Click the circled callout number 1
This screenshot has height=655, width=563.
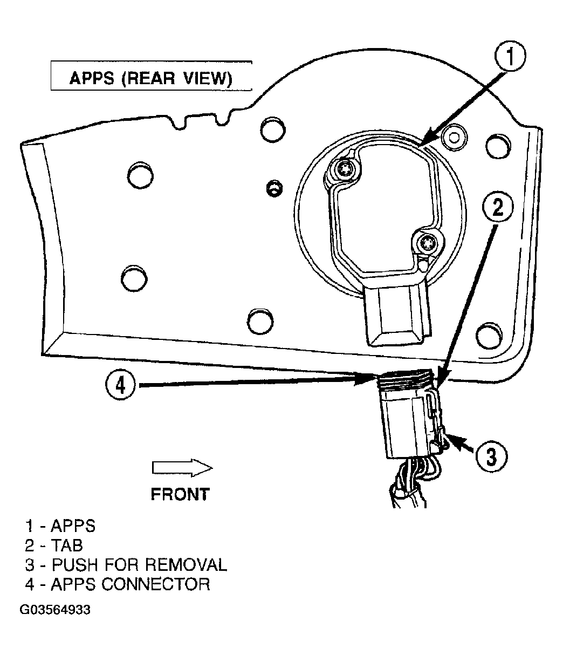[510, 57]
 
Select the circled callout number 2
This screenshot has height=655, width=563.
[498, 208]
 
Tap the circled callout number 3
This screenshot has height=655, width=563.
[491, 458]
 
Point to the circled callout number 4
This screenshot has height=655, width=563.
[120, 386]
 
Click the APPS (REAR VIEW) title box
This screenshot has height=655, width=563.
[152, 76]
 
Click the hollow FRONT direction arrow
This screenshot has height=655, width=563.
[182, 468]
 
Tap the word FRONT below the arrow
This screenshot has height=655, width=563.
[180, 495]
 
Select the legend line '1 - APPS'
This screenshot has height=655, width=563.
[60, 526]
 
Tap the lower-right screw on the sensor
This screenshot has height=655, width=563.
[424, 243]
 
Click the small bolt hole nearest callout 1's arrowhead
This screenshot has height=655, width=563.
[454, 138]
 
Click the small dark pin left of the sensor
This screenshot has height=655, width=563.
[274, 189]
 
